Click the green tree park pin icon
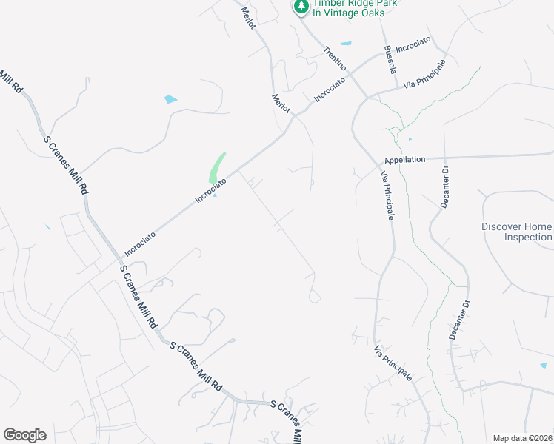[301, 7]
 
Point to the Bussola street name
[390, 60]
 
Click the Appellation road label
[405, 159]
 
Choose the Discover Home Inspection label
[517, 232]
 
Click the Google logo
[24, 435]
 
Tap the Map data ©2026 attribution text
[522, 438]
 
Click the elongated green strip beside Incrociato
[216, 168]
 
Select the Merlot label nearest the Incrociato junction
[281, 103]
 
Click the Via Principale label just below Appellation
[387, 195]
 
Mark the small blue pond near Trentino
[345, 43]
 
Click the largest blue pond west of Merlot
[171, 98]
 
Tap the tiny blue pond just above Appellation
[410, 138]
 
